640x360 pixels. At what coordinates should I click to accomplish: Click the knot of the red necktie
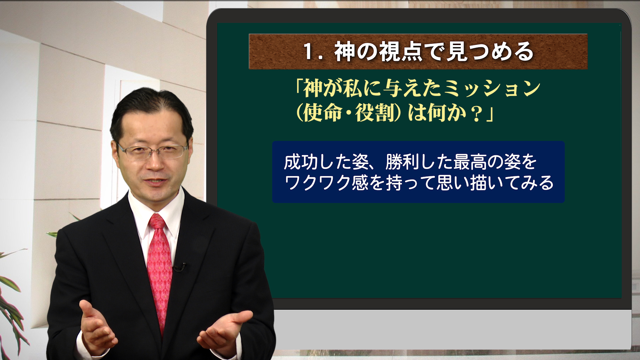(157, 221)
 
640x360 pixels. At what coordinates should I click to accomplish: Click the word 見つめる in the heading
(490, 52)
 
